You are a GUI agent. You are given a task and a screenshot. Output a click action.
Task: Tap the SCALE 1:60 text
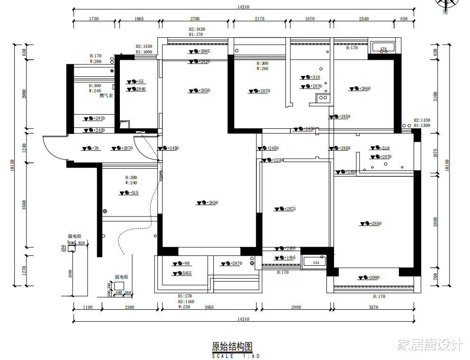click(235, 356)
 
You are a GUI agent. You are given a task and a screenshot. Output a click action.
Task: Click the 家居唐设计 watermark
click(429, 344)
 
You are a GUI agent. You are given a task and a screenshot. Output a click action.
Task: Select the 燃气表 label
click(106, 96)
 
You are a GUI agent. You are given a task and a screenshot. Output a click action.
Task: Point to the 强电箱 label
click(74, 235)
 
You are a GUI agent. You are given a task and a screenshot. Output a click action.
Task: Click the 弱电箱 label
click(121, 277)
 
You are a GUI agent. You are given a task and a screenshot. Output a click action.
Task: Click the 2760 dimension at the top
click(195, 19)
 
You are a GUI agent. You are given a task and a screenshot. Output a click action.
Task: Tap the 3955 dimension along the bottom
click(209, 307)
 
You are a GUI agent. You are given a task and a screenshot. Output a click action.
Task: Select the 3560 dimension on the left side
click(24, 205)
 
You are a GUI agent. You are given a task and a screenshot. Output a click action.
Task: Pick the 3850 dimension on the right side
click(436, 222)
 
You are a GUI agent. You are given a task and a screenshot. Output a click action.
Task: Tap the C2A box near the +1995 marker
click(316, 262)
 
